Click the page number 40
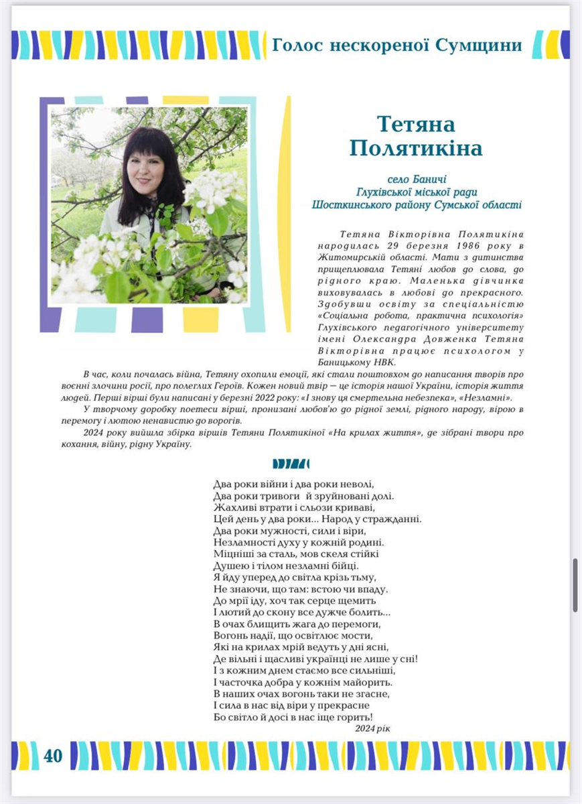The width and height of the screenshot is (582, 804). tap(53, 756)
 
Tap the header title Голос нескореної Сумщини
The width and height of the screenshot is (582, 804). tap(396, 45)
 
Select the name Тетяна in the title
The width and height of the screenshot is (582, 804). tap(416, 124)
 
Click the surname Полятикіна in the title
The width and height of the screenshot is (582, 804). tap(416, 147)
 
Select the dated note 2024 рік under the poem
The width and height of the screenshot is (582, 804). tap(372, 728)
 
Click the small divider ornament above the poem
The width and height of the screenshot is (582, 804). tap(291, 464)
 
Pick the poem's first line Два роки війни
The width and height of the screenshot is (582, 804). tap(292, 484)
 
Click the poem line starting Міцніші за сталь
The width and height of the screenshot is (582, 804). tap(296, 553)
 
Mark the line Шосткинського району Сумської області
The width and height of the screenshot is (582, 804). tap(416, 205)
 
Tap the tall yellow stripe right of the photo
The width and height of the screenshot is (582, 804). tap(286, 214)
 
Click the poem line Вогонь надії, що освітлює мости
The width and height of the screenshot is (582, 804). tap(292, 635)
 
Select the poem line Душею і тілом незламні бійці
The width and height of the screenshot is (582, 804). tap(286, 565)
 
